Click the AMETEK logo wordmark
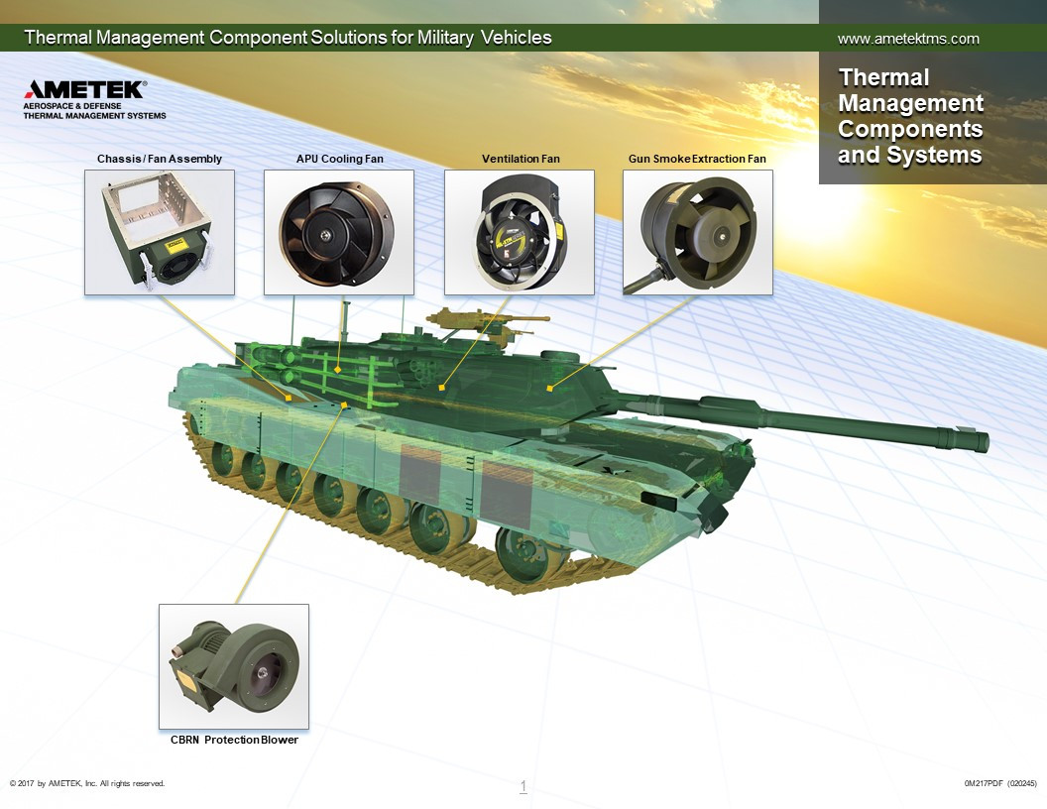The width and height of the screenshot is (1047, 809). coord(85,89)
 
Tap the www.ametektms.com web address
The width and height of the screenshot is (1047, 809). coord(908,39)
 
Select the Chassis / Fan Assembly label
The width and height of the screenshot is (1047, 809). coord(159,159)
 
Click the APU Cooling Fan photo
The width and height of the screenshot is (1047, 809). coord(339,232)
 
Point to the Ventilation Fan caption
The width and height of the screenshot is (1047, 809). coord(521,159)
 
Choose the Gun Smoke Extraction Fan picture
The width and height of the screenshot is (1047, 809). coord(698,232)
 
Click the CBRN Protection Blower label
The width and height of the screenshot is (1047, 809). coord(234,740)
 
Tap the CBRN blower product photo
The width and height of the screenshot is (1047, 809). coord(234,667)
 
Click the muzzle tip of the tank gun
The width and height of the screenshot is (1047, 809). coord(985,441)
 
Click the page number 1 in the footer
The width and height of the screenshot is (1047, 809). coord(523,785)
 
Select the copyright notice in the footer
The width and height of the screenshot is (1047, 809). coord(87,783)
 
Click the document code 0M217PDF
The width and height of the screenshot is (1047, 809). coord(984,783)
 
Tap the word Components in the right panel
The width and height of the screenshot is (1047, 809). coord(910,129)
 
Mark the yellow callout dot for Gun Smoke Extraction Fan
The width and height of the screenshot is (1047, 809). coord(549,388)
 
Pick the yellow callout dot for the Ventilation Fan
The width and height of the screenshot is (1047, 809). coord(441,387)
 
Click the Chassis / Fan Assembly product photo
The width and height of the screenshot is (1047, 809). coord(160,232)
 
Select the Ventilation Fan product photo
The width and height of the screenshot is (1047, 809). coord(520,232)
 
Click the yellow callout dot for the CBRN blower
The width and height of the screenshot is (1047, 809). coord(345,405)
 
